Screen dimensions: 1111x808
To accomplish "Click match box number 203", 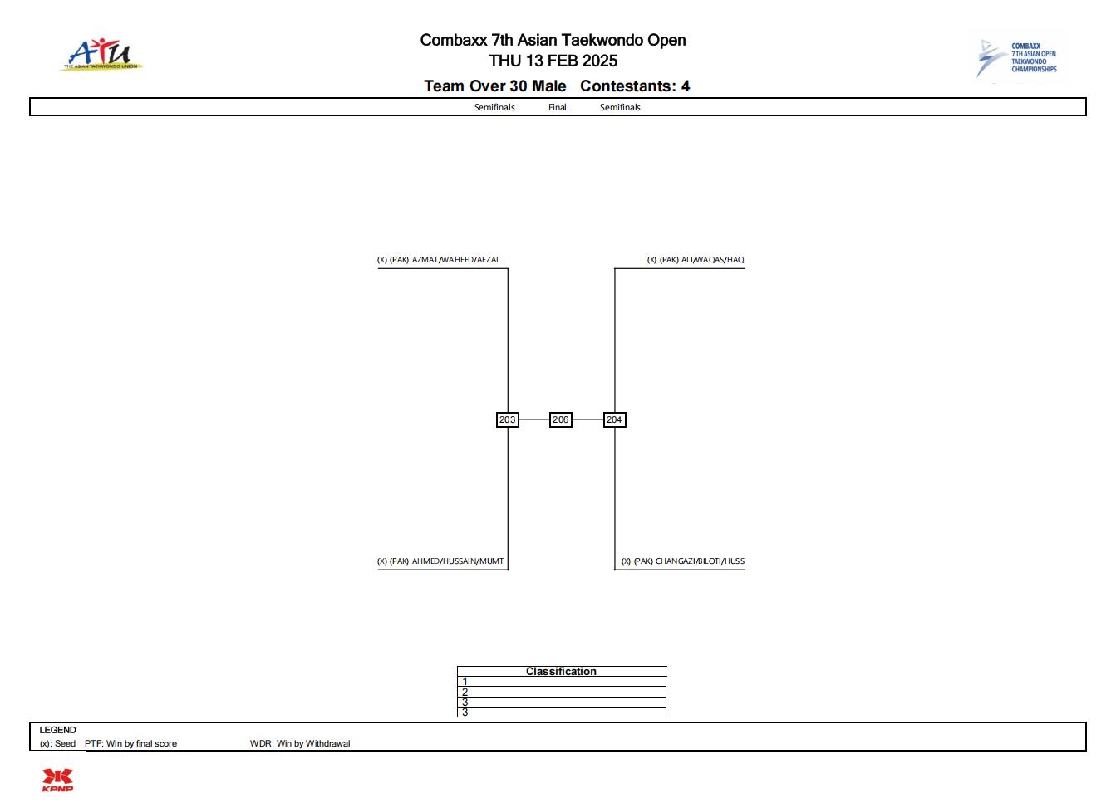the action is [x=508, y=419].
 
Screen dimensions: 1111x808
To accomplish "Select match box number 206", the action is [x=560, y=419].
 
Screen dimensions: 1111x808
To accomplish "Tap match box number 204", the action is [x=615, y=419].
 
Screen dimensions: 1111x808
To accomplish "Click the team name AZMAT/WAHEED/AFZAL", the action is [x=456, y=260].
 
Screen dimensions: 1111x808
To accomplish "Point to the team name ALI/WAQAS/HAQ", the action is [x=712, y=260].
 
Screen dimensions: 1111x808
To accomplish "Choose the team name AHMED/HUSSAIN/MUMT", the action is [x=458, y=561].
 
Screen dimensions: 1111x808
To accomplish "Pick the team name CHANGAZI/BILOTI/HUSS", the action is [x=700, y=561].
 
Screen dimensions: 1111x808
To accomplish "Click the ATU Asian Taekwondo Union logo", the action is [x=101, y=55].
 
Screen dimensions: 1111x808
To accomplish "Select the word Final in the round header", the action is [x=557, y=107].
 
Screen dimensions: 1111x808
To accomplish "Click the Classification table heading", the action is [x=561, y=671].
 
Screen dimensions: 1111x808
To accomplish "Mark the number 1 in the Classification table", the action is [x=465, y=682].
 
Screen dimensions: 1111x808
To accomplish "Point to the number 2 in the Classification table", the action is [x=465, y=692].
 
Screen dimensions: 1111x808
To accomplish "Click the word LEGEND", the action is [x=57, y=730].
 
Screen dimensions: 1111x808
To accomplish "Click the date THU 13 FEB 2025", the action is [x=553, y=61].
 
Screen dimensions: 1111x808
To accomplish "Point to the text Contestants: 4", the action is [x=635, y=86].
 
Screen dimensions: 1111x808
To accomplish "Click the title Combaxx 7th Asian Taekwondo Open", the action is [x=553, y=40].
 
